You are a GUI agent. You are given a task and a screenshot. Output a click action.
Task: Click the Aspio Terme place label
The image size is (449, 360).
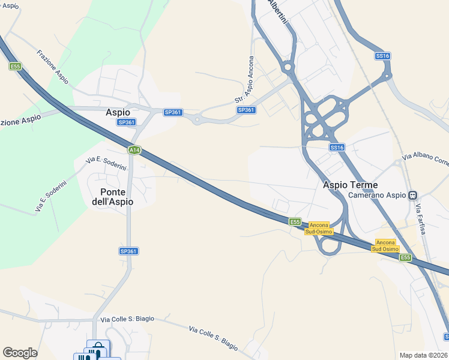[351, 185]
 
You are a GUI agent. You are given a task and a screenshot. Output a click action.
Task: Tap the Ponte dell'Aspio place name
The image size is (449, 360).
[113, 197]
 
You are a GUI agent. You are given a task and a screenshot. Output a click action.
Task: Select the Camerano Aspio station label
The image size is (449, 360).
[377, 196]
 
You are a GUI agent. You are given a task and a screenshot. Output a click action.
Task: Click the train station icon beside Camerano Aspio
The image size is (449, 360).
[412, 196]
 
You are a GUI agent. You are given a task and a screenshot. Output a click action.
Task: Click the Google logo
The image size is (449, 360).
[20, 353]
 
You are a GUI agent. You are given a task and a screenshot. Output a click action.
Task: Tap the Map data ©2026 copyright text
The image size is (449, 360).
[424, 355]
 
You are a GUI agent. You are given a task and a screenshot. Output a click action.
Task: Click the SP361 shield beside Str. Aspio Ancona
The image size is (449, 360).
[246, 110]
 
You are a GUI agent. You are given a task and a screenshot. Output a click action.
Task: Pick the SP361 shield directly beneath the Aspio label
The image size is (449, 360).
[126, 122]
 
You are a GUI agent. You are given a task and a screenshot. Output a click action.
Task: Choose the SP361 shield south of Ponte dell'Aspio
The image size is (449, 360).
[128, 251]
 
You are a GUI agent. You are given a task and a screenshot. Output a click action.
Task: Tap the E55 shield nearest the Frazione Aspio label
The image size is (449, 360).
[15, 66]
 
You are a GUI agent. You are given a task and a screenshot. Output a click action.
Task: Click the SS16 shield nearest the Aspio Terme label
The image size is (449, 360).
[337, 147]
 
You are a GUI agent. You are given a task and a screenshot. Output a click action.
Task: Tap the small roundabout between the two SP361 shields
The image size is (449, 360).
[196, 119]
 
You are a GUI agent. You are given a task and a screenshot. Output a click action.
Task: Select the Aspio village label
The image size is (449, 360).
[118, 112]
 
